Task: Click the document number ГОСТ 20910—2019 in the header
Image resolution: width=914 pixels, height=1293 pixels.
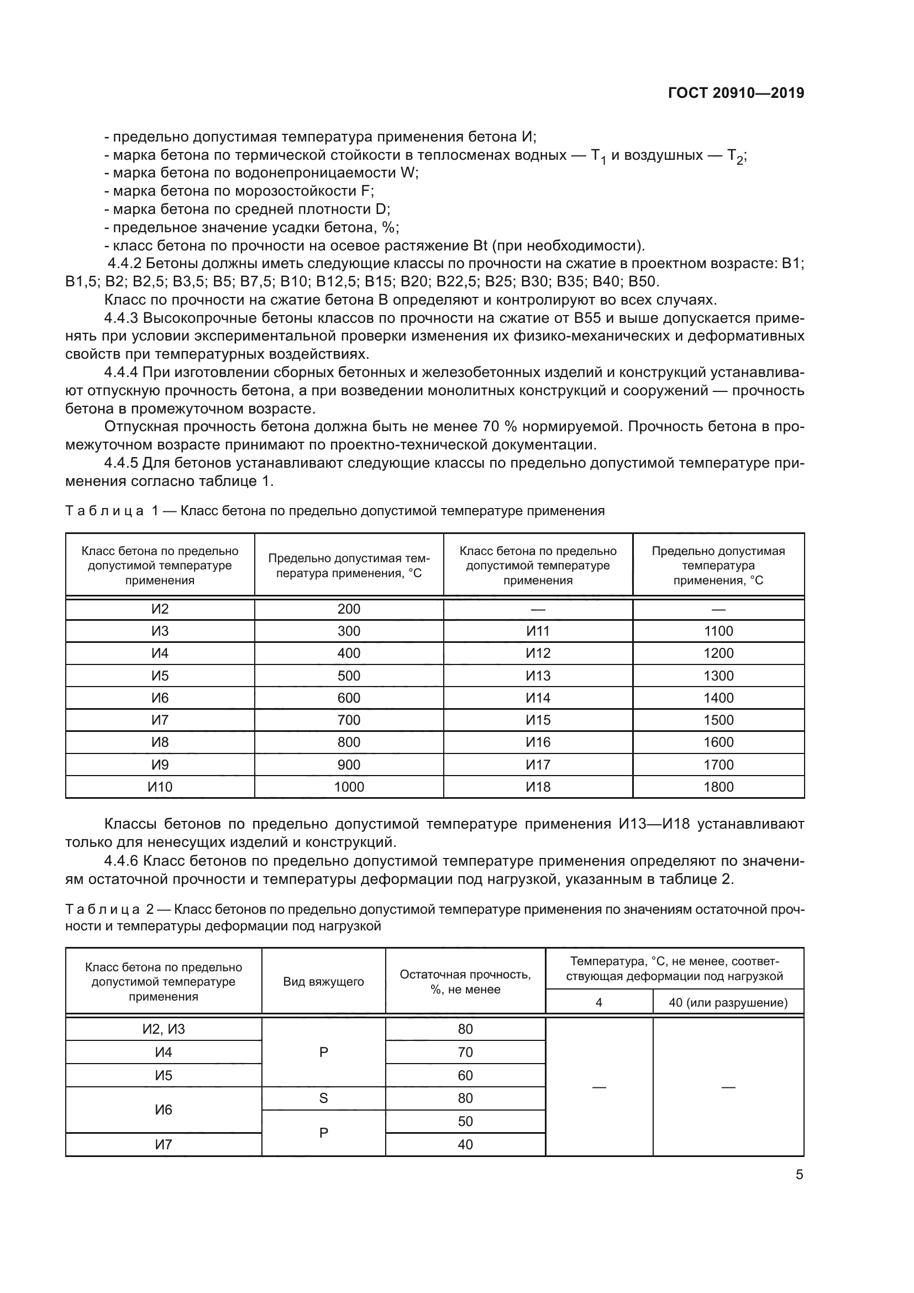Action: click(736, 93)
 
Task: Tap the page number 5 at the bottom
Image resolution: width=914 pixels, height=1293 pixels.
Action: click(799, 1175)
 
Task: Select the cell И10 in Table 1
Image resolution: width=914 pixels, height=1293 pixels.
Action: click(160, 787)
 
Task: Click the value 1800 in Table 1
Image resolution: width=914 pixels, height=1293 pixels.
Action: click(718, 787)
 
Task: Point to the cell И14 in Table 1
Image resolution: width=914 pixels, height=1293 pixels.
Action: click(538, 698)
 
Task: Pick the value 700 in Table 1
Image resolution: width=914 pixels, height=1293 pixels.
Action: click(348, 720)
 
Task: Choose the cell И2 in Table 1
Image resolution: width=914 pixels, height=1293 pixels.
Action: click(160, 609)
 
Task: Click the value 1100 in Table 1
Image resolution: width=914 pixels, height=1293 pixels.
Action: click(718, 631)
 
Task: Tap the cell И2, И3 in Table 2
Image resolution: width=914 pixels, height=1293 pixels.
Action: click(163, 1029)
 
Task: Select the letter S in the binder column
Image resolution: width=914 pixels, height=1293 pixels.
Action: click(324, 1098)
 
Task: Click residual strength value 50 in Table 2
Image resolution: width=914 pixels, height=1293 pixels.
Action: click(465, 1121)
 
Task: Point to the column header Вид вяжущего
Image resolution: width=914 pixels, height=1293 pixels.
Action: click(324, 982)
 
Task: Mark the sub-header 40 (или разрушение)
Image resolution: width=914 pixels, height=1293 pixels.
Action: click(728, 1002)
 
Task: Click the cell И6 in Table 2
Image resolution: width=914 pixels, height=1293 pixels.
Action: click(163, 1109)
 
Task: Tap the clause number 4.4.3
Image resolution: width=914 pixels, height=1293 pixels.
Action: click(121, 318)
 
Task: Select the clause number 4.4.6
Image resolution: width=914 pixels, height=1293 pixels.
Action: click(121, 861)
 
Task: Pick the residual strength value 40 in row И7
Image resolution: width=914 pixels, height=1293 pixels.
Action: click(465, 1144)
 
